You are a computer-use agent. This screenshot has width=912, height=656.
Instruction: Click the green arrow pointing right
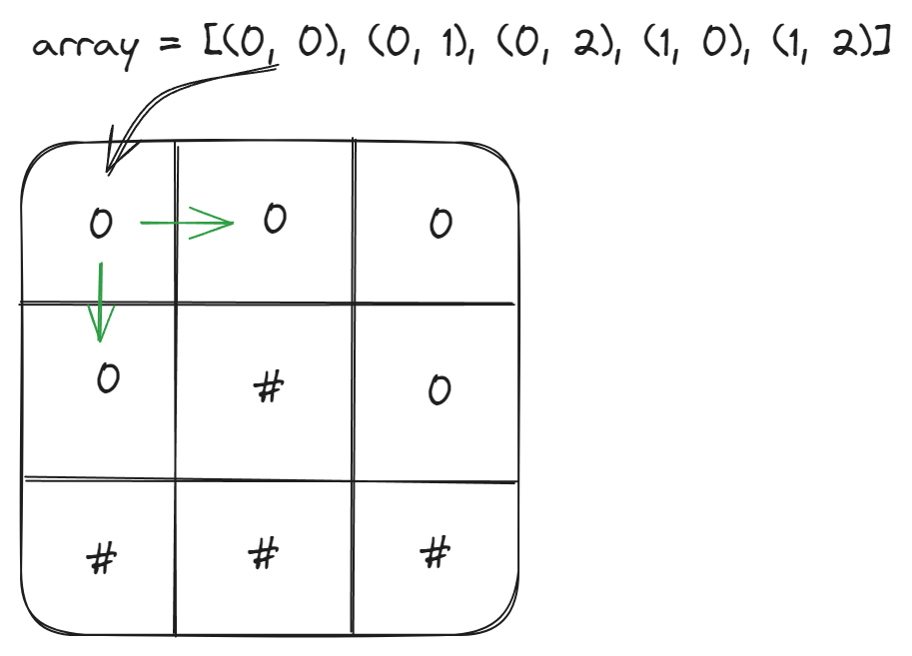pyautogui.click(x=186, y=223)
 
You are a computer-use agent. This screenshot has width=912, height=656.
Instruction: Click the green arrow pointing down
pyautogui.click(x=100, y=301)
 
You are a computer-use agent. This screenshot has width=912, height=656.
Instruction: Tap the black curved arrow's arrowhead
pyautogui.click(x=112, y=160)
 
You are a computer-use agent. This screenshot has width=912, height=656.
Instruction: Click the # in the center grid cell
pyautogui.click(x=266, y=387)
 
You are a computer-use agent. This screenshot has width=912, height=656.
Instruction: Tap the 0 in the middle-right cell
pyautogui.click(x=439, y=390)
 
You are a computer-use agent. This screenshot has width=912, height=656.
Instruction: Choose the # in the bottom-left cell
pyautogui.click(x=100, y=559)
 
